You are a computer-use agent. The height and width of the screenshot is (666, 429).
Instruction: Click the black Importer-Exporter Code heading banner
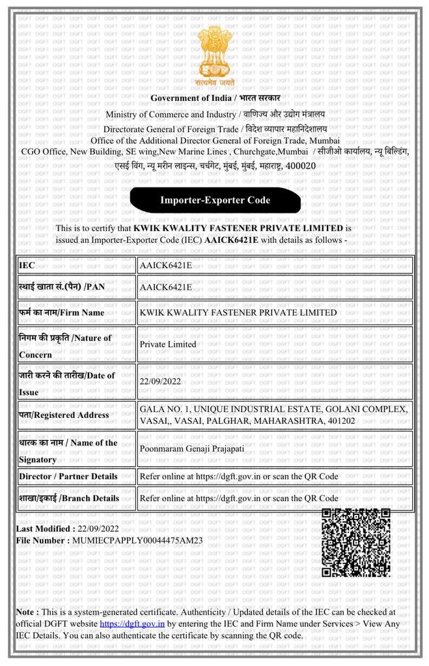[x=215, y=200]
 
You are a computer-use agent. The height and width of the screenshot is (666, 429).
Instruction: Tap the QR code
[x=355, y=542]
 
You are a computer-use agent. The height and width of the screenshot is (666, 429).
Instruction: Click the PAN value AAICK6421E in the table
[x=166, y=287]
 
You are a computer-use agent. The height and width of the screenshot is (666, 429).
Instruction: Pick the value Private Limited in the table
[x=168, y=344]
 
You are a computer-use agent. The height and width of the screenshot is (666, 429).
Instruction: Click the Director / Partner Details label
[x=68, y=476]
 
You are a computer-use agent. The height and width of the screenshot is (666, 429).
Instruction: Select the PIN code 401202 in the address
[x=339, y=421]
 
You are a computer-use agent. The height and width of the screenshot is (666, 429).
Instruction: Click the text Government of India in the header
[x=189, y=98]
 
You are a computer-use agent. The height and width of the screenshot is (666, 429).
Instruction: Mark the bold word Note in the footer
[x=27, y=612]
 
